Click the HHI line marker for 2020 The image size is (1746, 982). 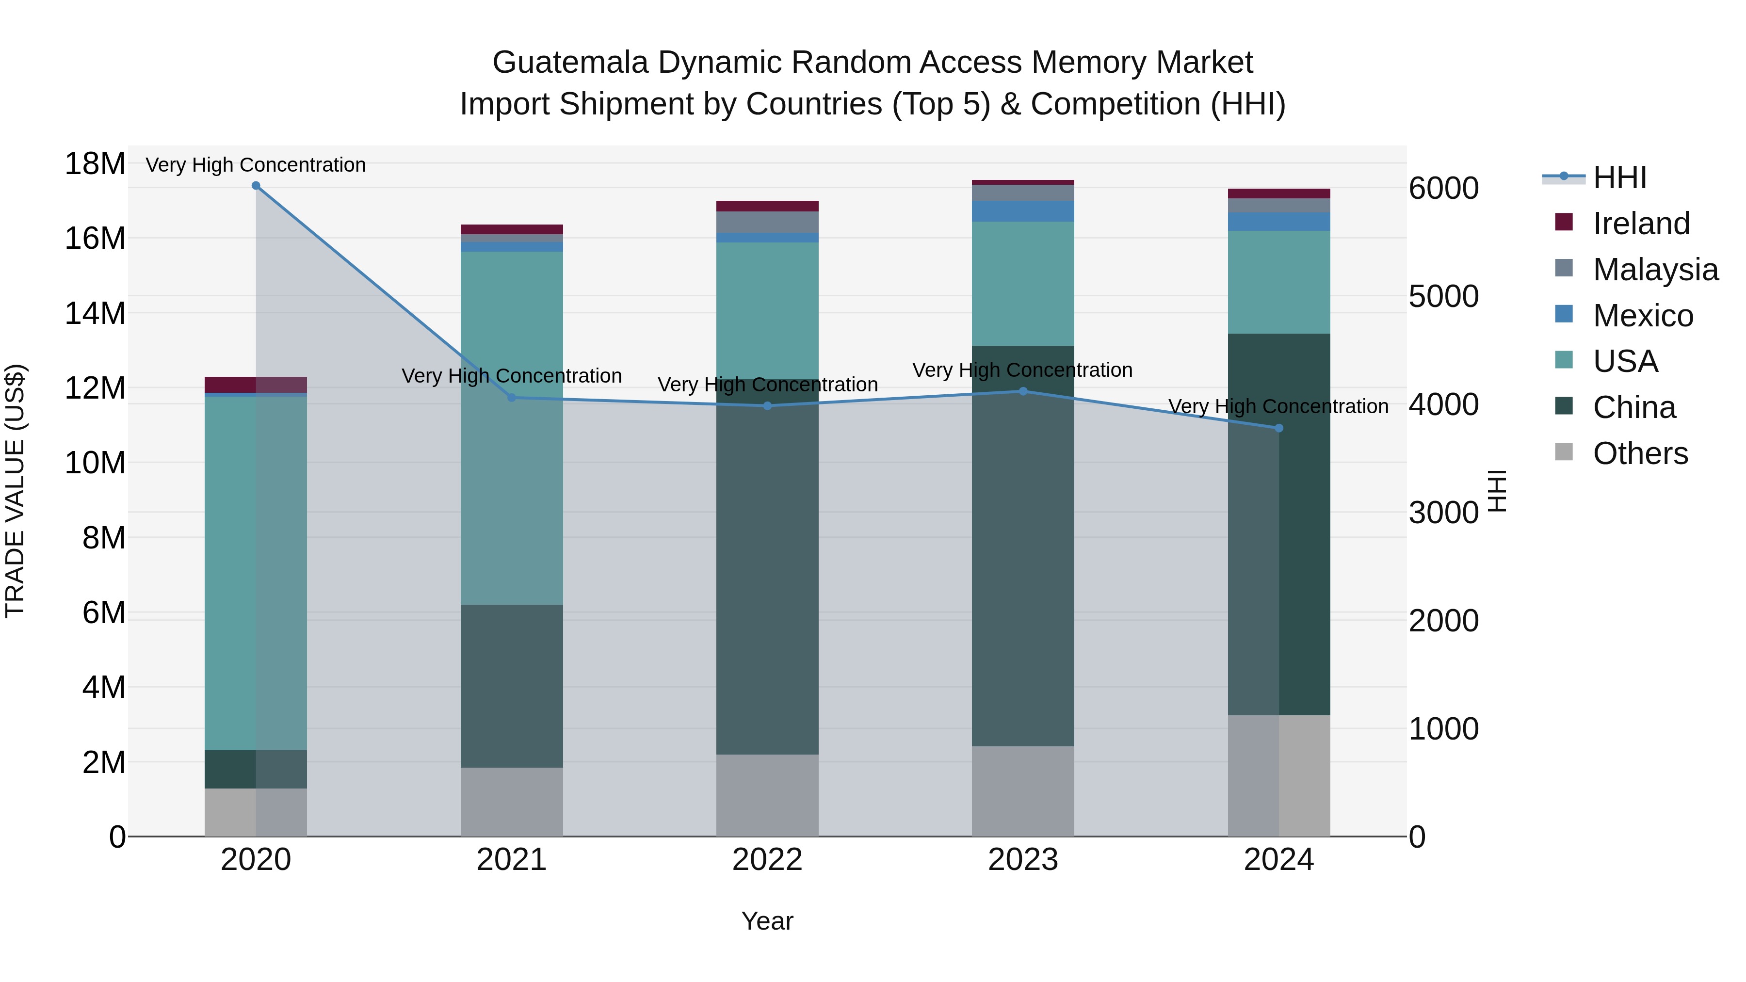256,186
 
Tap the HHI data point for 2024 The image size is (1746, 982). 1278,428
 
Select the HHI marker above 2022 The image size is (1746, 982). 767,406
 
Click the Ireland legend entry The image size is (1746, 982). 1641,224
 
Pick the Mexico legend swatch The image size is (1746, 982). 1564,314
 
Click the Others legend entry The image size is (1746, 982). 1640,453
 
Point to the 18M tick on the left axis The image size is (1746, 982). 95,164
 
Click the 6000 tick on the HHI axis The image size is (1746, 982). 1443,189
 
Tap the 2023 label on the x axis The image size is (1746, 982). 1023,860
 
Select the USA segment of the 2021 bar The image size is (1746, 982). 512,427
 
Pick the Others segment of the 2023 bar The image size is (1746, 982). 1023,791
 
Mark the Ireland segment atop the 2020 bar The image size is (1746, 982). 256,384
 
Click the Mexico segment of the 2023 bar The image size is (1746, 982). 1023,211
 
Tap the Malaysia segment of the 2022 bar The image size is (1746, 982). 767,222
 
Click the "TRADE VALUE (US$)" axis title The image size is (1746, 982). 16,491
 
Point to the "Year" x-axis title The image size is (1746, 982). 767,921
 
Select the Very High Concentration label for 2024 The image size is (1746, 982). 1278,407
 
